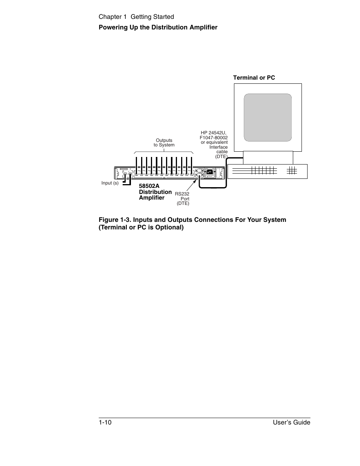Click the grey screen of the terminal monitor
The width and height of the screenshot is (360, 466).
[268, 117]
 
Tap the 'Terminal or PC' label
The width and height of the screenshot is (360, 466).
[254, 78]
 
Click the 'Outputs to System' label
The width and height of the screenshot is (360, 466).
[164, 143]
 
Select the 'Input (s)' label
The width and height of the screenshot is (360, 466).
[110, 183]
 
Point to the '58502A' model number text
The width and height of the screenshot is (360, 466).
[149, 186]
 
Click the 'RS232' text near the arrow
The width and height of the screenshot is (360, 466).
[182, 194]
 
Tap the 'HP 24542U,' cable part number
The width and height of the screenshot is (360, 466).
[214, 133]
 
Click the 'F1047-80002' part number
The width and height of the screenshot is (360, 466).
[214, 138]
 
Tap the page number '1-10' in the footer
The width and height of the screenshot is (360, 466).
[105, 423]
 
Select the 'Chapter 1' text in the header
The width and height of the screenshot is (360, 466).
[113, 17]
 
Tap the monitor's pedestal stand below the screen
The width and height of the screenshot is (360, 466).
[268, 157]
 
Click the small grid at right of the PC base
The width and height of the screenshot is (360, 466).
[292, 171]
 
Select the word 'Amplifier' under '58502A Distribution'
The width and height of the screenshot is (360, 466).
[152, 198]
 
